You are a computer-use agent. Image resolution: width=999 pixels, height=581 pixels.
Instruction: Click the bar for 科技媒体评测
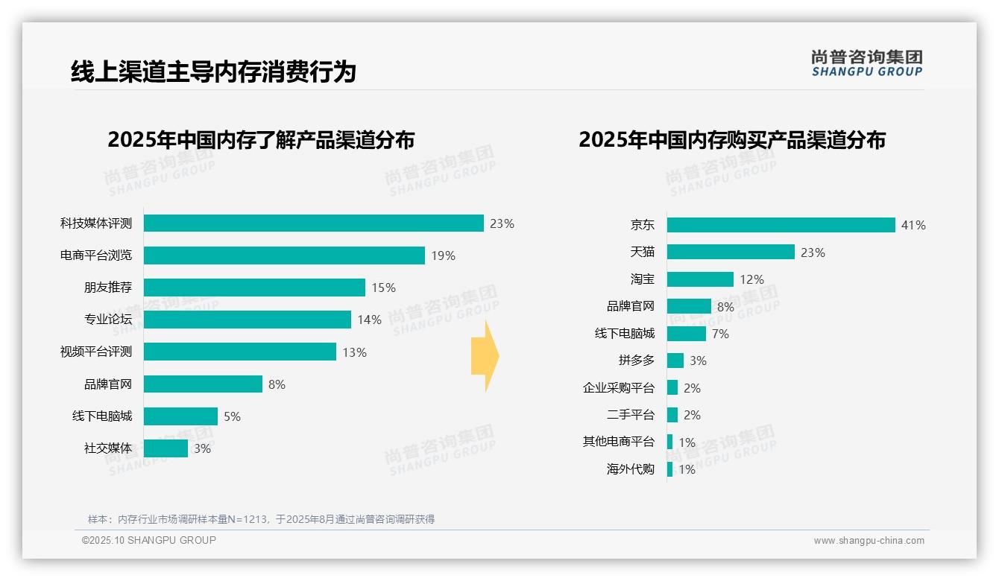click(x=313, y=223)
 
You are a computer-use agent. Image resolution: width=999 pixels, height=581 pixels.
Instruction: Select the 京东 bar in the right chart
click(x=781, y=225)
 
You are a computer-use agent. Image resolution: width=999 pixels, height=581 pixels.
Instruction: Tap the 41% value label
click(x=913, y=225)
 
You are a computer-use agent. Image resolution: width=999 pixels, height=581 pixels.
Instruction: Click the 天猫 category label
click(x=642, y=253)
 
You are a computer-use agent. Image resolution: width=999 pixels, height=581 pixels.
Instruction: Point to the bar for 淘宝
click(x=700, y=279)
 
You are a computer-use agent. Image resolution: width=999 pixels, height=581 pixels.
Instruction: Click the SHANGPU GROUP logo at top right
click(x=866, y=63)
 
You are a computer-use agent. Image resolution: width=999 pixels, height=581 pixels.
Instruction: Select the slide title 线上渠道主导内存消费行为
click(x=213, y=72)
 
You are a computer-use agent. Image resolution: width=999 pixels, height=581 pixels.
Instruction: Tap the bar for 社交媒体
click(x=166, y=448)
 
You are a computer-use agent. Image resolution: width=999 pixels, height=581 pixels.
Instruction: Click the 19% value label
click(x=443, y=255)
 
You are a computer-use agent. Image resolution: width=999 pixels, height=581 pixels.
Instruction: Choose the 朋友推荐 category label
click(x=107, y=288)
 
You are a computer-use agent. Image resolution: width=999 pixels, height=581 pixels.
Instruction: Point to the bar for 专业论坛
click(x=247, y=320)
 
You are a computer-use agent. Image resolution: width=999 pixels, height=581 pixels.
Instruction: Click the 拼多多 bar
click(x=675, y=361)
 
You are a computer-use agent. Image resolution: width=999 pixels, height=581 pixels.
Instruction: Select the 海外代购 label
click(x=630, y=469)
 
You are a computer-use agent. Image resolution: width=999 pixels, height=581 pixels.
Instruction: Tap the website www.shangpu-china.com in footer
click(x=869, y=541)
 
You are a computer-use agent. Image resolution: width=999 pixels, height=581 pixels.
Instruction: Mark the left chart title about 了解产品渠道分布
click(x=261, y=140)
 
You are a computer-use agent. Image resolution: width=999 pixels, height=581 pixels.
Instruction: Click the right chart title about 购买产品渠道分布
click(x=731, y=140)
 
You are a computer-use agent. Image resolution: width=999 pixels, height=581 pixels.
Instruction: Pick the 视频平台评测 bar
click(x=239, y=352)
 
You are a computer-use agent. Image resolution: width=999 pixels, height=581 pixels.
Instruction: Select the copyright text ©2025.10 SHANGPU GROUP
click(x=149, y=540)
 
